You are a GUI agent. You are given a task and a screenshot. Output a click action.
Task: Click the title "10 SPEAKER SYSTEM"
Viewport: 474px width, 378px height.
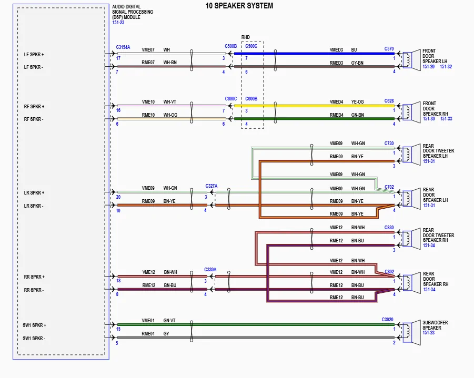pyautogui.click(x=239, y=6)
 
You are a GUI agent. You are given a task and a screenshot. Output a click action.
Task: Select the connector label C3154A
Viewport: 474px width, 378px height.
pyautogui.click(x=123, y=47)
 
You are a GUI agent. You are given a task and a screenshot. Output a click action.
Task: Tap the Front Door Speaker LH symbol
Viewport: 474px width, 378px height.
pyautogui.click(x=411, y=60)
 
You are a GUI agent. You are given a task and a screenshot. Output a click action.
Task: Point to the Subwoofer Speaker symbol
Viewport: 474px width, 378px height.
pyautogui.click(x=411, y=331)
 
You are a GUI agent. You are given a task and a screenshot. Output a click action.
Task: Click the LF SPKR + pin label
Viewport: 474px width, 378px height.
pyautogui.click(x=34, y=55)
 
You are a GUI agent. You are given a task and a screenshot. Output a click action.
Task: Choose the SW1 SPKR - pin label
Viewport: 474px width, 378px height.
pyautogui.click(x=34, y=339)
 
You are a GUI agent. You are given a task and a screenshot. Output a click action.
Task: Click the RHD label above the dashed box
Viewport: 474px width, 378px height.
pyautogui.click(x=246, y=37)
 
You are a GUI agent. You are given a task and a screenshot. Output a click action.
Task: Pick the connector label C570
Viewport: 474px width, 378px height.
pyautogui.click(x=389, y=49)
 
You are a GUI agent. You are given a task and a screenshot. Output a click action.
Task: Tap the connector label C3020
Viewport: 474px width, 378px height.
pyautogui.click(x=388, y=320)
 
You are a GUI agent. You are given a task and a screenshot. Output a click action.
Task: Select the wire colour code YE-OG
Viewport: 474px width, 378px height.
pyautogui.click(x=357, y=102)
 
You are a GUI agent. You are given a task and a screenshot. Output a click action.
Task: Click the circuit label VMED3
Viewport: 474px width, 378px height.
pyautogui.click(x=336, y=50)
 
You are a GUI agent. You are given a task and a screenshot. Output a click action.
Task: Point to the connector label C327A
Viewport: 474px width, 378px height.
pyautogui.click(x=211, y=186)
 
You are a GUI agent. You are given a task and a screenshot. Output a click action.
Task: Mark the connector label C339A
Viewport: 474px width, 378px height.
pyautogui.click(x=210, y=270)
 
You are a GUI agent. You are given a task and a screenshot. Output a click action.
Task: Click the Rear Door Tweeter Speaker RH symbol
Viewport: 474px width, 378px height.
pyautogui.click(x=411, y=239)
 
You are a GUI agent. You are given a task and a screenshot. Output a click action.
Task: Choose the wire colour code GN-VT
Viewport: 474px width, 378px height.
pyautogui.click(x=169, y=321)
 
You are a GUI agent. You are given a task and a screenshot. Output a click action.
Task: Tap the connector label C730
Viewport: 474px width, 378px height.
pyautogui.click(x=389, y=144)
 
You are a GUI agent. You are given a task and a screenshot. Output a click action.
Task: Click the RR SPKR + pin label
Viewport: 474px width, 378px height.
pyautogui.click(x=34, y=277)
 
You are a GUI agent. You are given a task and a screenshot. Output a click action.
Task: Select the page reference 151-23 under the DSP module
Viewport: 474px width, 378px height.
pyautogui.click(x=118, y=23)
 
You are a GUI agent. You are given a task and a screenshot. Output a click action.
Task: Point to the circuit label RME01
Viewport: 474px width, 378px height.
pyautogui.click(x=148, y=334)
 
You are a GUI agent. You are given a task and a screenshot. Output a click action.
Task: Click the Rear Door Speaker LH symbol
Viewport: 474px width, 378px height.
pyautogui.click(x=411, y=199)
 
